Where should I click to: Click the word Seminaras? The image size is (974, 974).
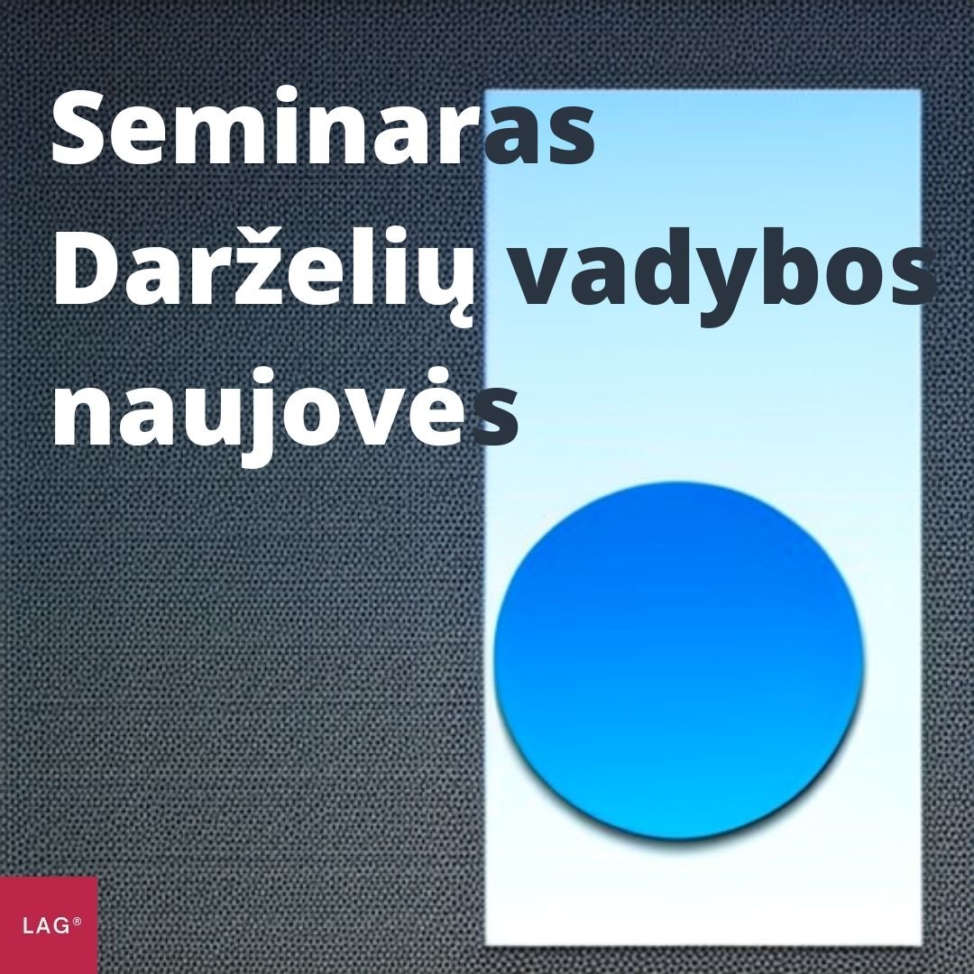(x=323, y=134)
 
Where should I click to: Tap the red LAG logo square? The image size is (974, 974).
(x=48, y=924)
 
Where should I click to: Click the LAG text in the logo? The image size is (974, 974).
(x=46, y=926)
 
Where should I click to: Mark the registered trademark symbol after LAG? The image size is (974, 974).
(x=78, y=922)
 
